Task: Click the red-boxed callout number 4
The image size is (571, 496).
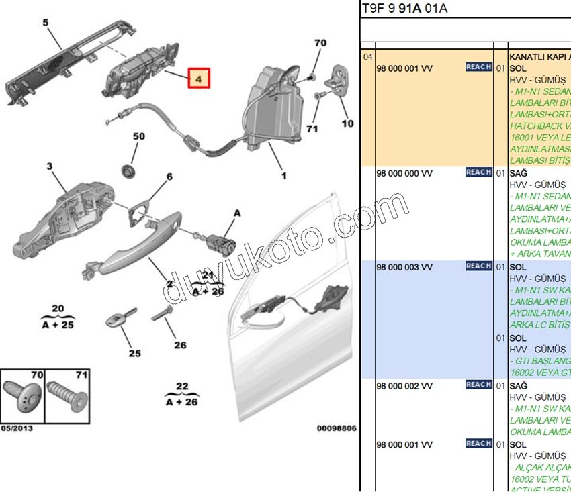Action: [x=198, y=79]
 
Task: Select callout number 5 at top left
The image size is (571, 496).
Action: [x=46, y=23]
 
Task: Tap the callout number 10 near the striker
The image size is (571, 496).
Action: [x=347, y=123]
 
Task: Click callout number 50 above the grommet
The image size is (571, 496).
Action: [x=138, y=136]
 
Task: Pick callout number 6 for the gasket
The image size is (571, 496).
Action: [x=169, y=177]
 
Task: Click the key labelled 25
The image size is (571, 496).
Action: [x=119, y=319]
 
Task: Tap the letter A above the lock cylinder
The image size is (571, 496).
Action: [x=236, y=213]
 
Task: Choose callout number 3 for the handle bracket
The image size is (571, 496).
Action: [x=49, y=166]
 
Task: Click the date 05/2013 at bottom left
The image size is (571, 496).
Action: [x=17, y=428]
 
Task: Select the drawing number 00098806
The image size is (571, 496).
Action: [x=337, y=428]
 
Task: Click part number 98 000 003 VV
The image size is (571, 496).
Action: [x=404, y=267]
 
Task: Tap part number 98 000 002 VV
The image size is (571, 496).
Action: [x=404, y=385]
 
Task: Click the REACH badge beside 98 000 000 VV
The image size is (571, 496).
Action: [x=478, y=172]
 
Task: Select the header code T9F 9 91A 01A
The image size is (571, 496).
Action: [x=404, y=9]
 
